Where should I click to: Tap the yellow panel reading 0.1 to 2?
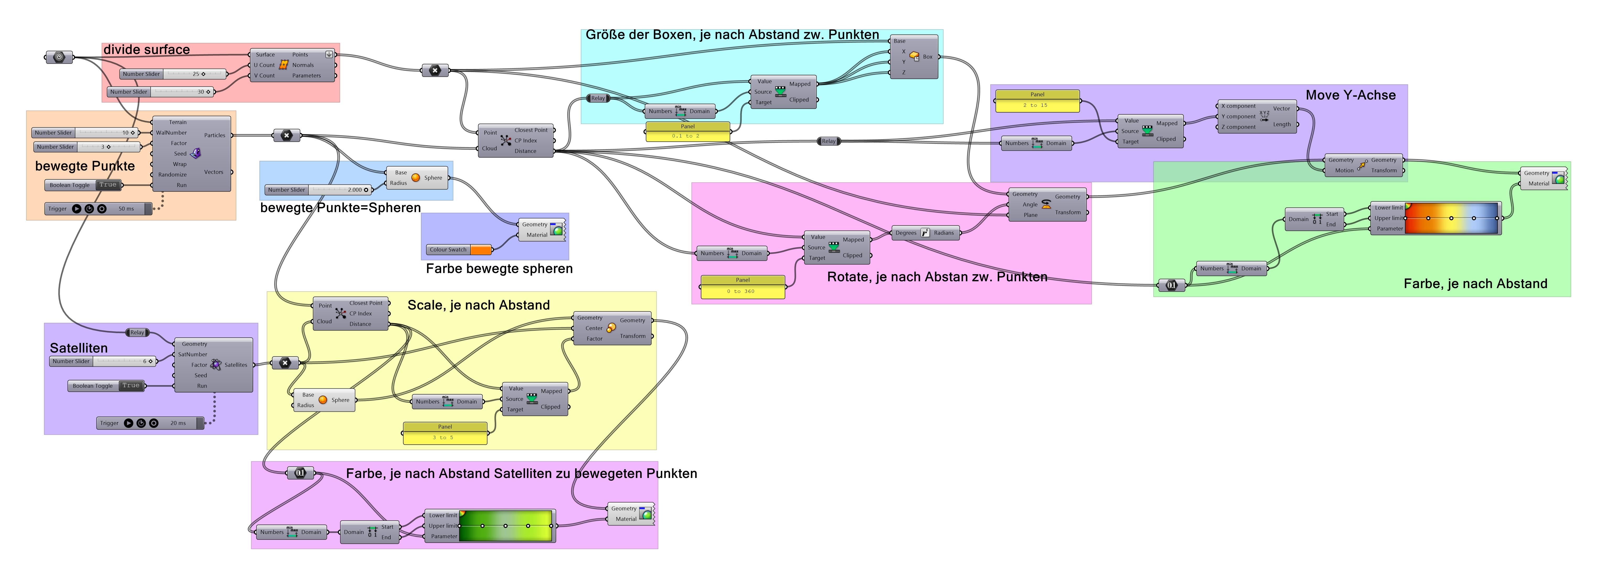688,132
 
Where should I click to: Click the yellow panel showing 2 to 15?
1037,101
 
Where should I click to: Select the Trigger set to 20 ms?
151,423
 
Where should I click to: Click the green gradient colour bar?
505,526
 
